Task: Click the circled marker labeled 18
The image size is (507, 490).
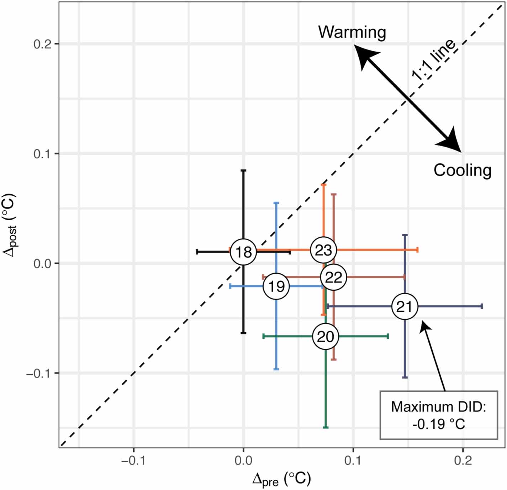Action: [243, 252]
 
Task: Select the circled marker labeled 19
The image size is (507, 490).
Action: [276, 286]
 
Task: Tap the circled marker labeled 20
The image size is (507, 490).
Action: [325, 336]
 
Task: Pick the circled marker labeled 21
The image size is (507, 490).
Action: [405, 306]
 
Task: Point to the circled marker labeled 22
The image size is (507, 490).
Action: [333, 277]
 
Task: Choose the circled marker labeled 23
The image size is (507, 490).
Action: [323, 250]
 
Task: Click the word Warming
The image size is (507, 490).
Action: [352, 32]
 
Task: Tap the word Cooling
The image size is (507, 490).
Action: [462, 170]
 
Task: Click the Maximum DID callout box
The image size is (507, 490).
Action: [438, 415]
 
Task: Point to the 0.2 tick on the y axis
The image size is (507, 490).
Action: [42, 44]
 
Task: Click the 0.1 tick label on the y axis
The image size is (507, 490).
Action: [42, 154]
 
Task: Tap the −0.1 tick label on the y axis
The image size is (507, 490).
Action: [39, 373]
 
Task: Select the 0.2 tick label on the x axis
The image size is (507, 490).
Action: [463, 460]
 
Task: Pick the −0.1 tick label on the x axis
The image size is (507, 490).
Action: [133, 460]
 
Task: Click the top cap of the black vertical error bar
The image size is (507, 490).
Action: [243, 171]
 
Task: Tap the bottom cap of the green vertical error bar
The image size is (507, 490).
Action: [325, 427]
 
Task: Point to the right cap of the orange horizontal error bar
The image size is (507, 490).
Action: [417, 250]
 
